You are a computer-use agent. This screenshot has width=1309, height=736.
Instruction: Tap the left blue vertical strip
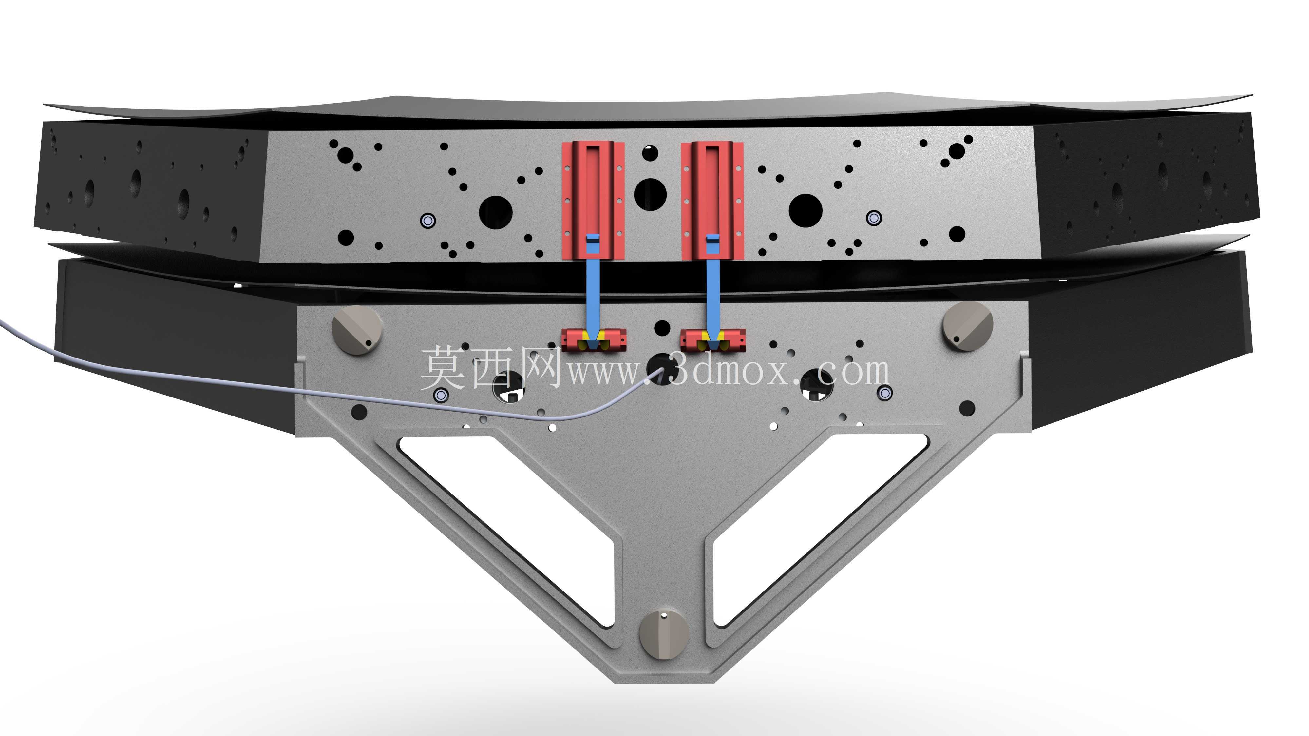593,290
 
